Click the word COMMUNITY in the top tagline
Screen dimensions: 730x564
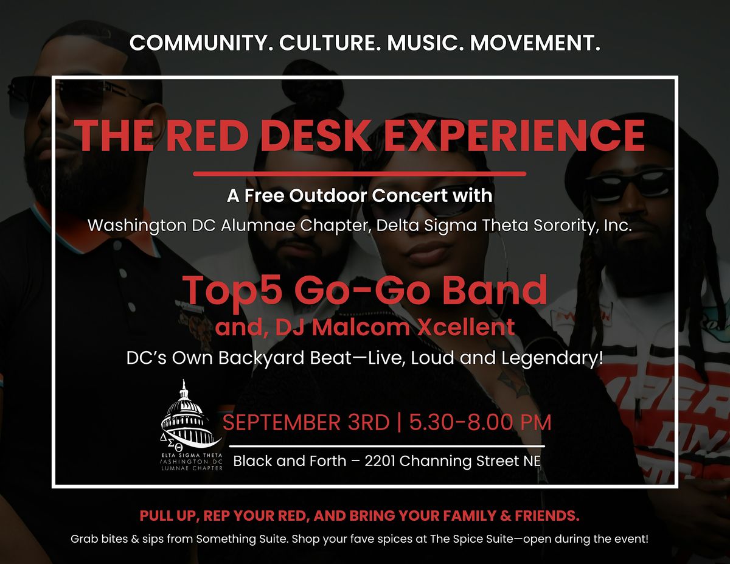coord(198,43)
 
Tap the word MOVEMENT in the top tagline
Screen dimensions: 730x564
coord(535,43)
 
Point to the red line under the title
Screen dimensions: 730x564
coord(360,173)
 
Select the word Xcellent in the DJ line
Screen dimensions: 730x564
coord(466,327)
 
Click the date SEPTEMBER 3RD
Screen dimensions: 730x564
coord(306,422)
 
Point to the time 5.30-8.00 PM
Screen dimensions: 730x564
coord(480,422)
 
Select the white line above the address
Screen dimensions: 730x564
coord(387,447)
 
